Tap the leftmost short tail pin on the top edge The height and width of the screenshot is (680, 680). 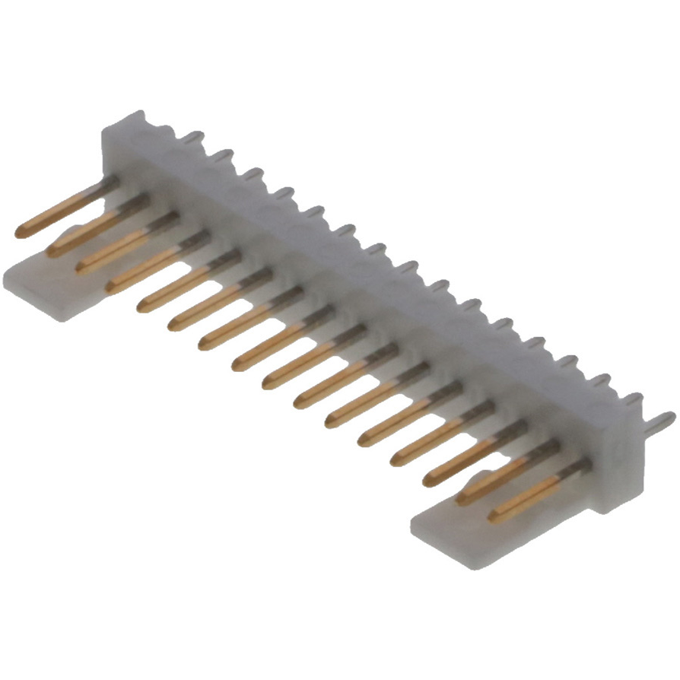[x=193, y=138]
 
